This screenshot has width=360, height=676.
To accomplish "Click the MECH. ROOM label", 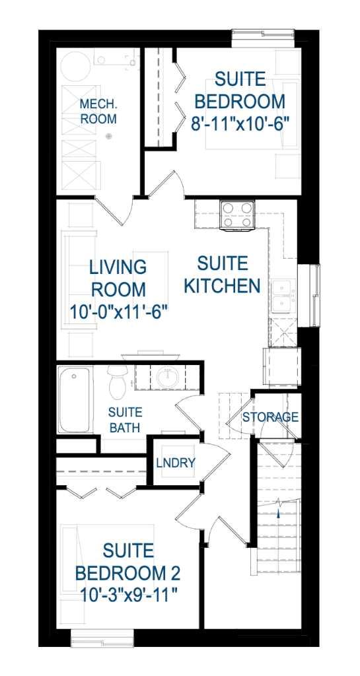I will (98, 112).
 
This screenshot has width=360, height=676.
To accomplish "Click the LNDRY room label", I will (176, 463).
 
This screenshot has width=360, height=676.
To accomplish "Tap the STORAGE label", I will (270, 417).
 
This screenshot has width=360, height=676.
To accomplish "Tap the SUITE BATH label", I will (124, 420).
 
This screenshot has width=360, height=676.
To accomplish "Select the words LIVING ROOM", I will (118, 279).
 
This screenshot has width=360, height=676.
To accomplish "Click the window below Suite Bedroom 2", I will (102, 638).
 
